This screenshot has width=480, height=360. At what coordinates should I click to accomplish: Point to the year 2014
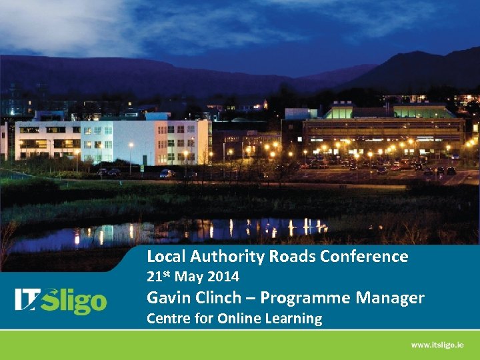pyautogui.click(x=223, y=276)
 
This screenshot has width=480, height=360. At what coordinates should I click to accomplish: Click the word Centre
pyautogui.click(x=169, y=319)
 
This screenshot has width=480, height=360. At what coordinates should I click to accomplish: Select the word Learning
pyautogui.click(x=295, y=319)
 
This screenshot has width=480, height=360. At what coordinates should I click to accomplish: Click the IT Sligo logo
pyautogui.click(x=61, y=300)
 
